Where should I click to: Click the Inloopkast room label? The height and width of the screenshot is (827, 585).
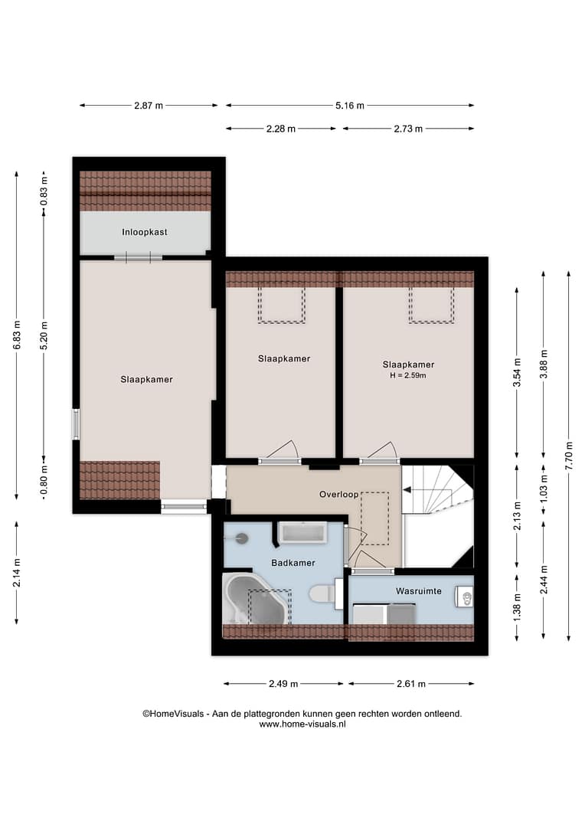tap(145, 232)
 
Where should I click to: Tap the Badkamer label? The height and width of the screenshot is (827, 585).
tap(293, 563)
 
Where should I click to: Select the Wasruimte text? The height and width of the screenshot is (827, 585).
tap(419, 591)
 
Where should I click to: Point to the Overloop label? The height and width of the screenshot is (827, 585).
tap(338, 494)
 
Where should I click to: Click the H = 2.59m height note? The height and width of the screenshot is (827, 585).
tap(408, 375)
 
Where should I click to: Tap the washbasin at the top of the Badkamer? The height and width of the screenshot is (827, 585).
tap(302, 533)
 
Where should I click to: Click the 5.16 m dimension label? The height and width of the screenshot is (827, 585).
tap(350, 106)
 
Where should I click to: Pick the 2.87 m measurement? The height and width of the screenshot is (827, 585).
tap(149, 106)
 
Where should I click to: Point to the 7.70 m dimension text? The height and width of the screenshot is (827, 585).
tap(569, 456)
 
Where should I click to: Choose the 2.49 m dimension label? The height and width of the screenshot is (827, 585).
tap(283, 684)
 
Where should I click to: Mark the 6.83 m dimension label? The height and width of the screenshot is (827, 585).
tap(17, 335)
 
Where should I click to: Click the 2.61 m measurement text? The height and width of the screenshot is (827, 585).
tap(411, 684)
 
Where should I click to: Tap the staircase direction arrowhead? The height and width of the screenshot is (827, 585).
tap(407, 490)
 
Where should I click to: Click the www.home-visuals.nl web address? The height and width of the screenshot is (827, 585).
tap(302, 724)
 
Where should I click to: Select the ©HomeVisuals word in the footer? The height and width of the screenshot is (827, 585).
tap(173, 714)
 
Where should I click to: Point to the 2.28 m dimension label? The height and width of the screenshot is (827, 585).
tap(280, 129)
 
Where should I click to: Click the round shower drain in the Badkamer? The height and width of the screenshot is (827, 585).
tap(242, 538)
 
